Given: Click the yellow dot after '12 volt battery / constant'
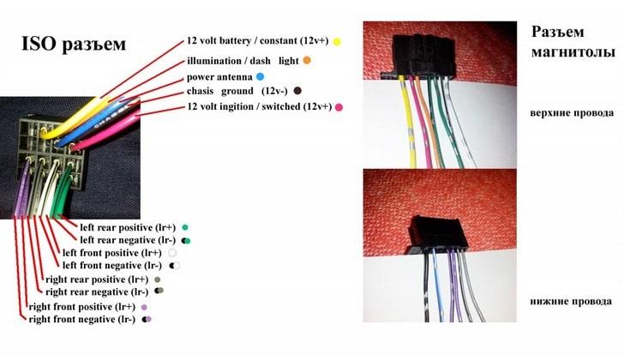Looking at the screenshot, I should (338, 41).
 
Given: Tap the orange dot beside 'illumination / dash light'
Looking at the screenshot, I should (307, 61).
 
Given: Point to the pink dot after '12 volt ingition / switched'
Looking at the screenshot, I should (339, 106).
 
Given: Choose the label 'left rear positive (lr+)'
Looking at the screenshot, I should (128, 227).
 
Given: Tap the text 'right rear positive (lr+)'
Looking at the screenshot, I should (97, 280).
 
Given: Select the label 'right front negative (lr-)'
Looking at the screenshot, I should (82, 319).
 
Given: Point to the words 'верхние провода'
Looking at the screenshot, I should (572, 112).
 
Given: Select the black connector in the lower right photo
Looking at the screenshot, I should (438, 231).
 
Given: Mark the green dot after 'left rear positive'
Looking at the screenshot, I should (184, 227).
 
